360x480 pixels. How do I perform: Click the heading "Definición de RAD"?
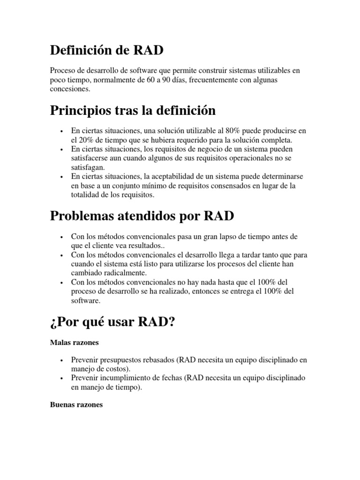(x=107, y=49)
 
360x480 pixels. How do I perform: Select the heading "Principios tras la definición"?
(x=133, y=111)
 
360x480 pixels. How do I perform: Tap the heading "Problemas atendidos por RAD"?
(x=142, y=217)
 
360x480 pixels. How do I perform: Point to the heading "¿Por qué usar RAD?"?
(x=112, y=322)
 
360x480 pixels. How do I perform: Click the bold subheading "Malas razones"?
(x=74, y=343)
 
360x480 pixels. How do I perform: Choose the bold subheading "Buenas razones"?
(x=76, y=404)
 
